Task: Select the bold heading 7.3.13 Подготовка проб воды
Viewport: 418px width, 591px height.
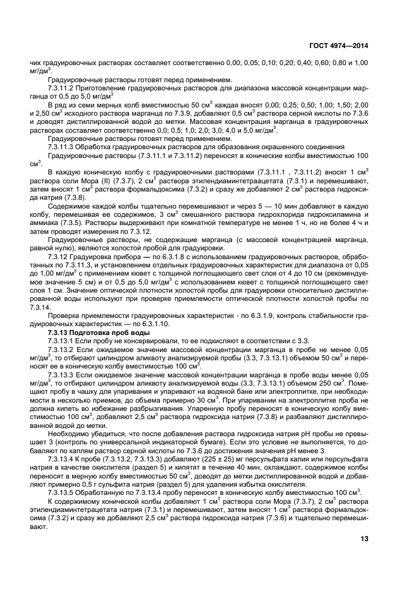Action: (99, 332)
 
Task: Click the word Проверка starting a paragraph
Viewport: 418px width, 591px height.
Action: (63, 315)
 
